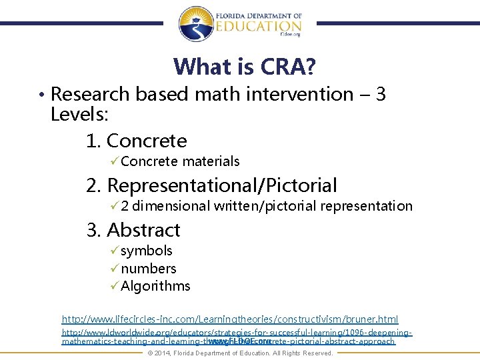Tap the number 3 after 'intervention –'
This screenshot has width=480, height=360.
[x=381, y=95]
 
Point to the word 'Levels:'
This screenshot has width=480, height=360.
[x=79, y=113]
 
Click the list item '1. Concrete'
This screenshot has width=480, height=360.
[x=137, y=141]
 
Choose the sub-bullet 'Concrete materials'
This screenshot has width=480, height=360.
[x=180, y=161]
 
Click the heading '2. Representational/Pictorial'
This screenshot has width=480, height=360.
[x=212, y=185]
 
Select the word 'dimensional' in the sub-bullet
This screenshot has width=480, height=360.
[x=171, y=206]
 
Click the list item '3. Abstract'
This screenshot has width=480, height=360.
[x=133, y=230]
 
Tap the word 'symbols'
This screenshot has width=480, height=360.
[x=147, y=251]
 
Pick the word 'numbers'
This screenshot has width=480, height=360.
[x=149, y=269]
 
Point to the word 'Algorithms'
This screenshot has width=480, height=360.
[x=155, y=286]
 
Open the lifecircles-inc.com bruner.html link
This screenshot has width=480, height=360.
[x=230, y=320]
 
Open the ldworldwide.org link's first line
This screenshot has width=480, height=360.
[x=237, y=332]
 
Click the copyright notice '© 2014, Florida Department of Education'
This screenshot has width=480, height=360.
[x=239, y=353]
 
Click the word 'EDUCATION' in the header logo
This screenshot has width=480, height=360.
[x=249, y=26]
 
